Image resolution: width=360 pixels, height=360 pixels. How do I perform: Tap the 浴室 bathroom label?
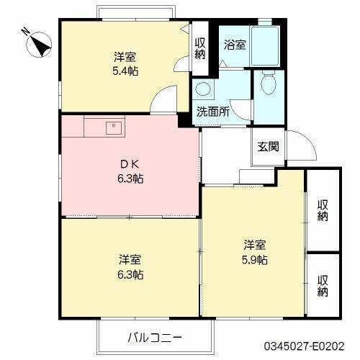pyautogui.click(x=235, y=44)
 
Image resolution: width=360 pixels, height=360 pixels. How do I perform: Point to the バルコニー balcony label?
pyautogui.click(x=156, y=337)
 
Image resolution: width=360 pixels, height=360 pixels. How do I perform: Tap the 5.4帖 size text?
pyautogui.click(x=125, y=71)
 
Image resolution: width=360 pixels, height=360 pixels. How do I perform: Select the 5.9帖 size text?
pyautogui.click(x=255, y=258)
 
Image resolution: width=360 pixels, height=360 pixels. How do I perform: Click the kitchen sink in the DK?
pyautogui.click(x=113, y=127)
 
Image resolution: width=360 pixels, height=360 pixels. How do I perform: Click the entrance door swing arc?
pyautogui.click(x=303, y=148)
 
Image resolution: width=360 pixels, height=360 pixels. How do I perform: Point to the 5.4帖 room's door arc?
pyautogui.click(x=167, y=96)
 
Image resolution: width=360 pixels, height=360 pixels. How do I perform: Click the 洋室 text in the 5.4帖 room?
pyautogui.click(x=125, y=56)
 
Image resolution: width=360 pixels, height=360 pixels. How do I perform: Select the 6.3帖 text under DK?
pyautogui.click(x=130, y=178)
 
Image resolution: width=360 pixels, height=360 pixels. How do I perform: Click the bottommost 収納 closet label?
pyautogui.click(x=324, y=286)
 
